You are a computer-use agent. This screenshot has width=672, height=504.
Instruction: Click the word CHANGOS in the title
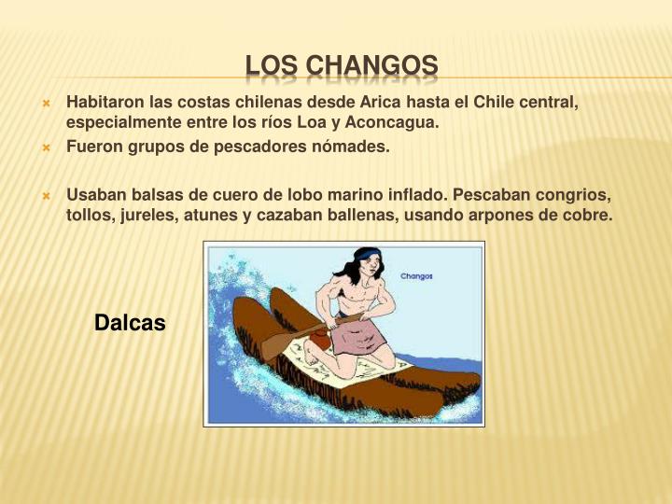(371, 65)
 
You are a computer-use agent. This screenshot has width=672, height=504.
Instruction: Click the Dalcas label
(130, 323)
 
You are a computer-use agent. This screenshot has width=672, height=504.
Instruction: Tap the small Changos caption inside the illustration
(416, 276)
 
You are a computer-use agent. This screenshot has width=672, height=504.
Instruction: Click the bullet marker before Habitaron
(46, 103)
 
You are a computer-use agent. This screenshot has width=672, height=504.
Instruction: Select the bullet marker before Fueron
(46, 147)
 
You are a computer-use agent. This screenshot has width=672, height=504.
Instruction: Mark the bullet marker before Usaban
(46, 196)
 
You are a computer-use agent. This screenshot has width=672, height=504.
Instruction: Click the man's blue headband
(366, 255)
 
